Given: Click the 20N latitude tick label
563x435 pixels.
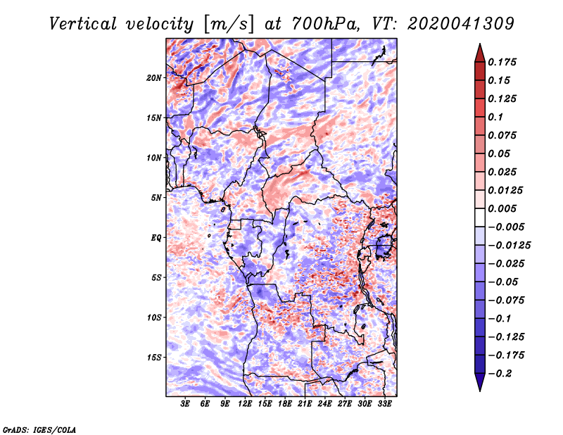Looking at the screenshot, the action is pos(154,78).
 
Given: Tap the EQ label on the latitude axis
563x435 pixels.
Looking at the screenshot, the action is pos(156,238).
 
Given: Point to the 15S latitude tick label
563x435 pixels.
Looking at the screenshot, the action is pos(154,358).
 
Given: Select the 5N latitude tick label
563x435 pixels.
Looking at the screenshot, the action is pos(156,198).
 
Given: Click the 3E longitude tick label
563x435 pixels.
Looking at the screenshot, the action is pos(185,404).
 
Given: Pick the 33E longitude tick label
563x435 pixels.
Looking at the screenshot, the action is pos(384,404).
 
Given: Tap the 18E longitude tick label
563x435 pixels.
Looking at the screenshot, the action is pos(285,404).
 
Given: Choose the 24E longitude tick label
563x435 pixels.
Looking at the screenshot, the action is pos(324,404).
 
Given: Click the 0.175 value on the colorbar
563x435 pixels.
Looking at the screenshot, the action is pos(502,62).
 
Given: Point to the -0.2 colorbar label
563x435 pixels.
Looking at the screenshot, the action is pos(500,374).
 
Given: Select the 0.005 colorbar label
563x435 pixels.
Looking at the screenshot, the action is pos(502,208).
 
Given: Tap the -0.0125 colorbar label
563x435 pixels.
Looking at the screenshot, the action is pos(509,246).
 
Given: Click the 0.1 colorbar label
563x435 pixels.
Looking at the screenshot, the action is pos(495,117).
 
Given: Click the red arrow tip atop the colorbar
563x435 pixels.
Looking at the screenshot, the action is pos(480,44).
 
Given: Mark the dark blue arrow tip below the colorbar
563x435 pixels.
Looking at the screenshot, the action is pos(480,391).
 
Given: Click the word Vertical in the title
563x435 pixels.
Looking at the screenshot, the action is pos(83,24).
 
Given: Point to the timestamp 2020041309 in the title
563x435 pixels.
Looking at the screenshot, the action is pos(461,24).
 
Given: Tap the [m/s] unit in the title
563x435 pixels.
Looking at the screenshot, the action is pos(228,25).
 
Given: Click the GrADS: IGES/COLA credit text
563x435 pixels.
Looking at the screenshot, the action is pos(39,429).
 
